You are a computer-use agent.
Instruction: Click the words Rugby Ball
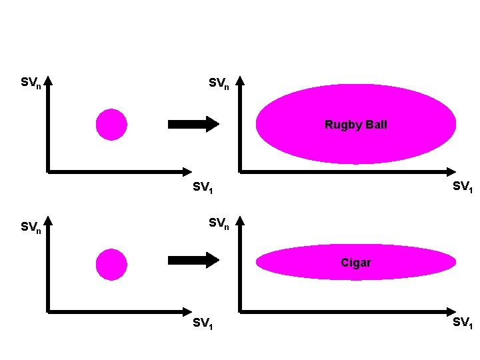coord(355,125)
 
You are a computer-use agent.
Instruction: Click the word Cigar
coord(355,263)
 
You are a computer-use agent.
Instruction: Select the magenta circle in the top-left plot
coord(111,125)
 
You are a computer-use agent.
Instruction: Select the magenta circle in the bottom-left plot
coord(111,264)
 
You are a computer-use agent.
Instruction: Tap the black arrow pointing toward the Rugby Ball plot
coord(193,124)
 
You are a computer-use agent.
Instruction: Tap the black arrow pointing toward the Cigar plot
coord(193,260)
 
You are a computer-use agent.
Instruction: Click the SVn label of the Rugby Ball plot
coord(219,84)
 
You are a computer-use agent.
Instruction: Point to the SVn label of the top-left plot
coord(31,83)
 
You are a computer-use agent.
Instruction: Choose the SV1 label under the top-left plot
coord(203,188)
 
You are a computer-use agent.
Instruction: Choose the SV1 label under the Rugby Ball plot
coord(463,187)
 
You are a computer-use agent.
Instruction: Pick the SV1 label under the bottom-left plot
coord(203,324)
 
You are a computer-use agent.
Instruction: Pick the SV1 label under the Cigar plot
coord(463,323)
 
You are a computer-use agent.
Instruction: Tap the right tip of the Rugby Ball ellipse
coord(455,125)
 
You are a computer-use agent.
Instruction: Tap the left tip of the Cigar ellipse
coord(258,263)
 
